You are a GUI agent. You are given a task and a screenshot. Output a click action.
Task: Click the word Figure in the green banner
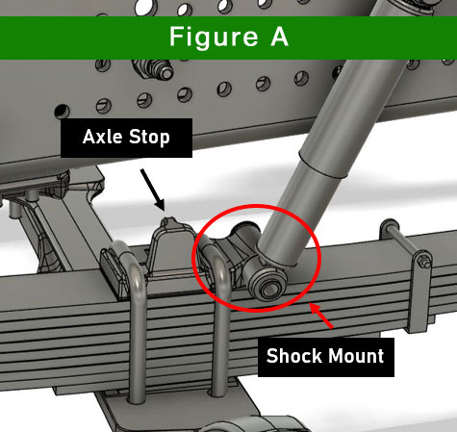tap(214, 38)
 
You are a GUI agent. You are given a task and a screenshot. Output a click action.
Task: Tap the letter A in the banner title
tap(279, 37)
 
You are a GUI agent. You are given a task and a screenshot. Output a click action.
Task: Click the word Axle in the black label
tap(103, 137)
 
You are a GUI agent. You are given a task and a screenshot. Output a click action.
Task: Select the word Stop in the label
tap(149, 138)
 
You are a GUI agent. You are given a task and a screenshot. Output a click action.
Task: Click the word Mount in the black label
tap(355, 356)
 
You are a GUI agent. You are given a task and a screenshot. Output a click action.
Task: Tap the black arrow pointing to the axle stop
tap(153, 190)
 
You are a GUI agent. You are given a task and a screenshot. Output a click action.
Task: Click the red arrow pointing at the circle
tap(321, 316)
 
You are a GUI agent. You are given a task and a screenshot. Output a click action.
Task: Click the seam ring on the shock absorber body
tap(324, 166)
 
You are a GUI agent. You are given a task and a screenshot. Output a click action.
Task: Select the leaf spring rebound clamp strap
tap(420, 289)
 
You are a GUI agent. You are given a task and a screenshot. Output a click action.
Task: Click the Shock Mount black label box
tap(326, 357)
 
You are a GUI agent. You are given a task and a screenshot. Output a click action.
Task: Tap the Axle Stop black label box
tap(126, 138)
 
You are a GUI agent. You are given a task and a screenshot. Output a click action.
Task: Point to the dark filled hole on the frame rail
tap(62, 111)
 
